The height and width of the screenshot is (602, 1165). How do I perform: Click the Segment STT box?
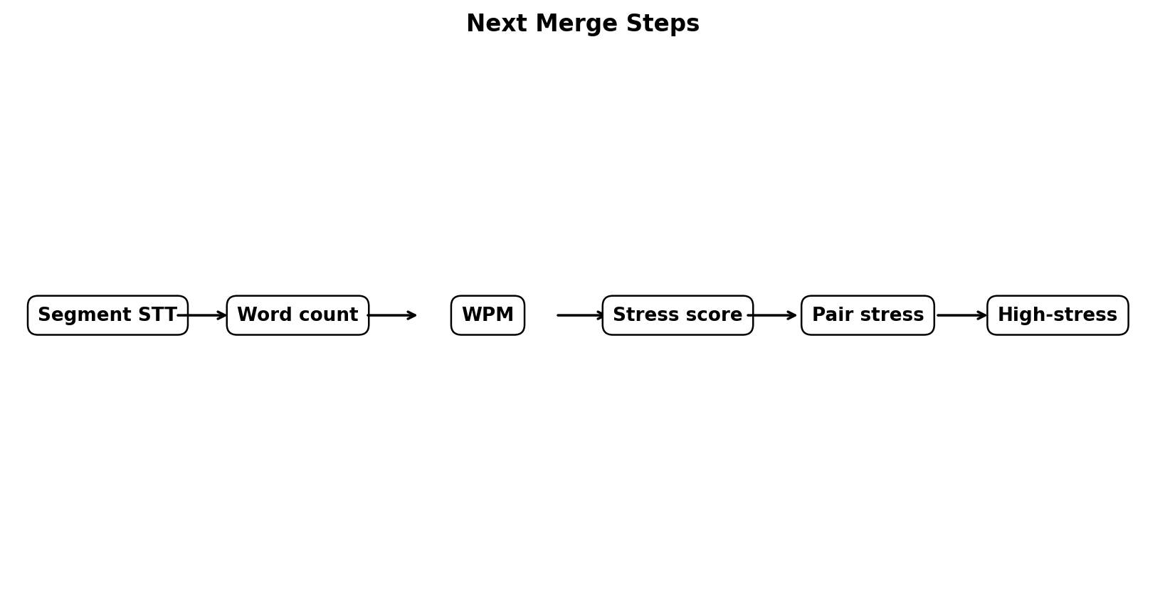(x=107, y=315)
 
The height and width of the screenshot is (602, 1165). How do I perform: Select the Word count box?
(x=297, y=315)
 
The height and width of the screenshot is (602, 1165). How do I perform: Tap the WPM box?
(x=487, y=315)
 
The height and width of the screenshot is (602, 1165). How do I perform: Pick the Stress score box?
(x=678, y=315)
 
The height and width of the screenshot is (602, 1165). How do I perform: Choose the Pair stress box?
(x=868, y=315)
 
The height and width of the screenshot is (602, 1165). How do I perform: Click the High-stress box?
(x=1058, y=315)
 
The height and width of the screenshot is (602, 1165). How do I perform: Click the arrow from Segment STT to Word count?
(x=202, y=315)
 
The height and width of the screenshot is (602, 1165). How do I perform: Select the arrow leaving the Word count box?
(x=391, y=315)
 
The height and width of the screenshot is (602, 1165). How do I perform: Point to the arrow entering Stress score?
(x=581, y=315)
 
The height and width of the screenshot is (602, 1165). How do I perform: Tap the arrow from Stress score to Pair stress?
(x=772, y=315)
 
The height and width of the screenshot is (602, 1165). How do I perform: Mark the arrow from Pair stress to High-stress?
(x=961, y=315)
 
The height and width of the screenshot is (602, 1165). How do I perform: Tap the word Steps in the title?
(x=663, y=24)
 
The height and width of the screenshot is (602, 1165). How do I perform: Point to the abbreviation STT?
(x=157, y=315)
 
